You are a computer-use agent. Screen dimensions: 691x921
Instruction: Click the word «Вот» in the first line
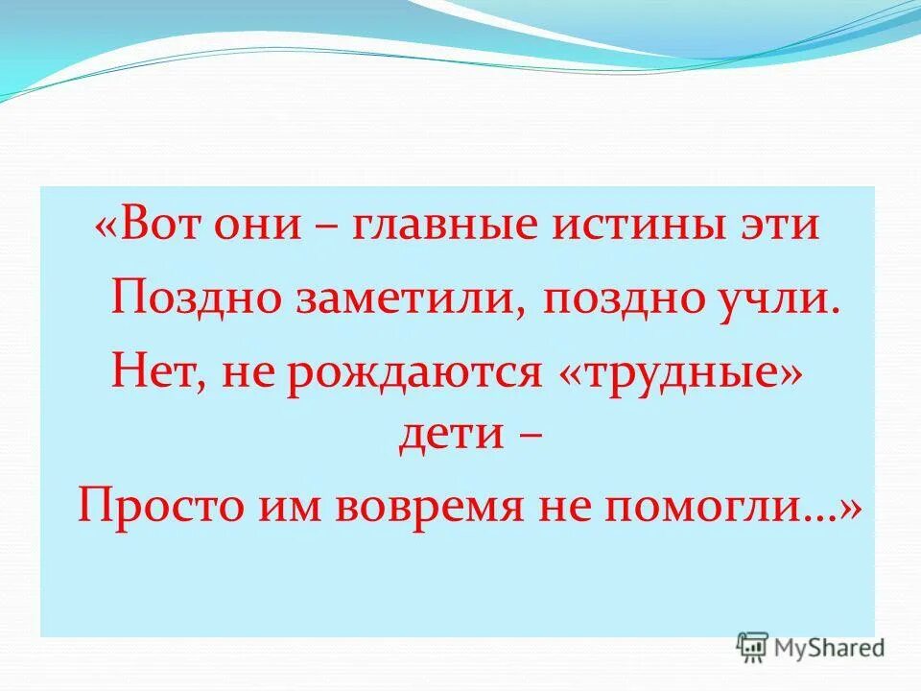(163, 227)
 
